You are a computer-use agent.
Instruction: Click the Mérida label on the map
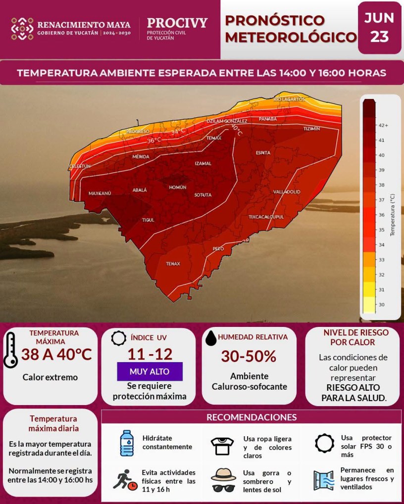141,157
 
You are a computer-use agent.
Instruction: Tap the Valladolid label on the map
287,192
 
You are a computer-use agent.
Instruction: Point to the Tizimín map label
312,129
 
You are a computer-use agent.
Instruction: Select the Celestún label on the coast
79,166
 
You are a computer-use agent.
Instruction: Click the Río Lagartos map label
289,99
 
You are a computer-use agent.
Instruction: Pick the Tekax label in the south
173,264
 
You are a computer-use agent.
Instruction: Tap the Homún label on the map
178,187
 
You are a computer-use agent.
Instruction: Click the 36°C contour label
154,140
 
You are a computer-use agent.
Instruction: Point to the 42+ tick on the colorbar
383,125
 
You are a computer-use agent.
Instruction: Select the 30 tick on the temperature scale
381,304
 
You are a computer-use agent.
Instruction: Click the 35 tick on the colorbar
381,230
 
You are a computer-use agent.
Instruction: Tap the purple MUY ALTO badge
150,371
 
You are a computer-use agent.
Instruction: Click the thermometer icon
10,350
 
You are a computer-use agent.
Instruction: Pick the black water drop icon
211,338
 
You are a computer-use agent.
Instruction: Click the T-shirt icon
222,446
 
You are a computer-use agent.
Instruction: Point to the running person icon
123,479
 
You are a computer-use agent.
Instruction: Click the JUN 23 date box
379,28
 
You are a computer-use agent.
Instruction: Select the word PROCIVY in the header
177,23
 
